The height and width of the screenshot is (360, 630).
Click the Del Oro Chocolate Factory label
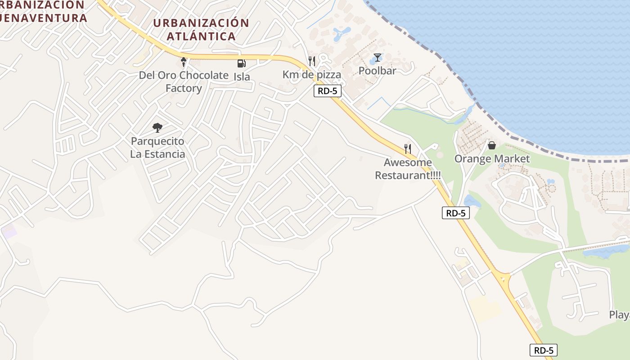[x=184, y=81]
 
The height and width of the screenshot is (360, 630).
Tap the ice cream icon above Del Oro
[x=184, y=62]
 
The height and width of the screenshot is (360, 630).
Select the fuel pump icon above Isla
[x=242, y=63]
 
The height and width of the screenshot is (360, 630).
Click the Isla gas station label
[x=242, y=77]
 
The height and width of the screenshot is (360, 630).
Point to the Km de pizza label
[x=311, y=75]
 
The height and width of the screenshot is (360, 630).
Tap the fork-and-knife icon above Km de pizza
[x=311, y=61]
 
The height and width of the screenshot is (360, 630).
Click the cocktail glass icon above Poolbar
[x=377, y=58]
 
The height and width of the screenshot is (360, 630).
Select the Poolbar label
[x=377, y=71]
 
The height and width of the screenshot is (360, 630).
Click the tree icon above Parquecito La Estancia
[x=157, y=128]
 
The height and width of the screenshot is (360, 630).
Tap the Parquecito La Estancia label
[x=157, y=148]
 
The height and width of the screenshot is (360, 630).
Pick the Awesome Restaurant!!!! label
[x=408, y=169]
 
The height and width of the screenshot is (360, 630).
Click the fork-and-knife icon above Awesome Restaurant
[x=408, y=148]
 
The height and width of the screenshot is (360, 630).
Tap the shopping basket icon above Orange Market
[x=492, y=145]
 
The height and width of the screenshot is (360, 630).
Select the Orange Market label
[x=492, y=159]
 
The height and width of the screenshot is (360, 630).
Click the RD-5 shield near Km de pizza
[x=328, y=91]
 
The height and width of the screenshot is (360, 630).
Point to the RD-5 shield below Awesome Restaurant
[x=455, y=213]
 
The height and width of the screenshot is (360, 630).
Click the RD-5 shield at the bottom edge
[x=543, y=350]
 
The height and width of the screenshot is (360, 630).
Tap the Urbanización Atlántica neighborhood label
[x=201, y=29]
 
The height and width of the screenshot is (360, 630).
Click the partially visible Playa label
[x=620, y=315]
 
